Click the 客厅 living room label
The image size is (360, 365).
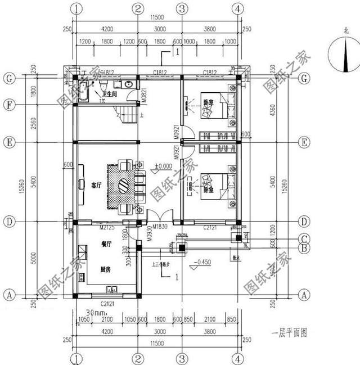(x=94, y=184)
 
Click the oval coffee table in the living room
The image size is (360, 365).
(x=124, y=186)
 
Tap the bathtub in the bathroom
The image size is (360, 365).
(x=83, y=91)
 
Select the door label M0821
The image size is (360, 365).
(x=144, y=96)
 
